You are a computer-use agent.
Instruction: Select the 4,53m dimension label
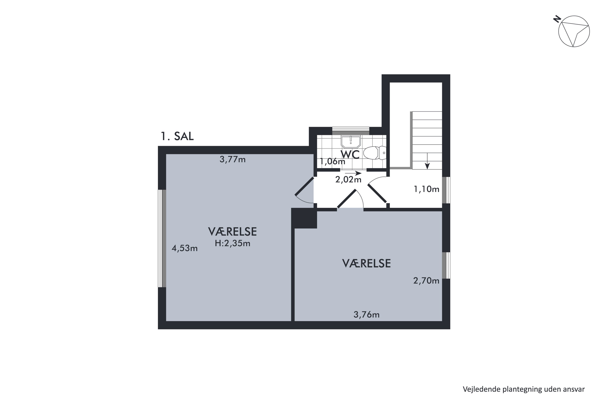click(184, 248)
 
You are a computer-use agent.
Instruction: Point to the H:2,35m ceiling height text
click(233, 243)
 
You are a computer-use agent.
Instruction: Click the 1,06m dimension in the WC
click(332, 161)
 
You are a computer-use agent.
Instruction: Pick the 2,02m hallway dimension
click(348, 179)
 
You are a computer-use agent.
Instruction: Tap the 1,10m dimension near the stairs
click(426, 189)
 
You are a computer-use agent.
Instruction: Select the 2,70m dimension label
click(426, 281)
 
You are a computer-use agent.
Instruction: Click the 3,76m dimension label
click(366, 315)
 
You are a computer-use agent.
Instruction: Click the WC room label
click(350, 155)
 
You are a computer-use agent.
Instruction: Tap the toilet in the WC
click(375, 153)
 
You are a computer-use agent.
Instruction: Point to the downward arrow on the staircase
click(427, 161)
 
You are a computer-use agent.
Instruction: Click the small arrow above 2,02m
click(353, 173)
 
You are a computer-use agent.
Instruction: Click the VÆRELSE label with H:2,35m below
click(233, 232)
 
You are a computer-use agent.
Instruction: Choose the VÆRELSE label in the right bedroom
click(366, 264)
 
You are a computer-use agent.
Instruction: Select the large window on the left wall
click(162, 238)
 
